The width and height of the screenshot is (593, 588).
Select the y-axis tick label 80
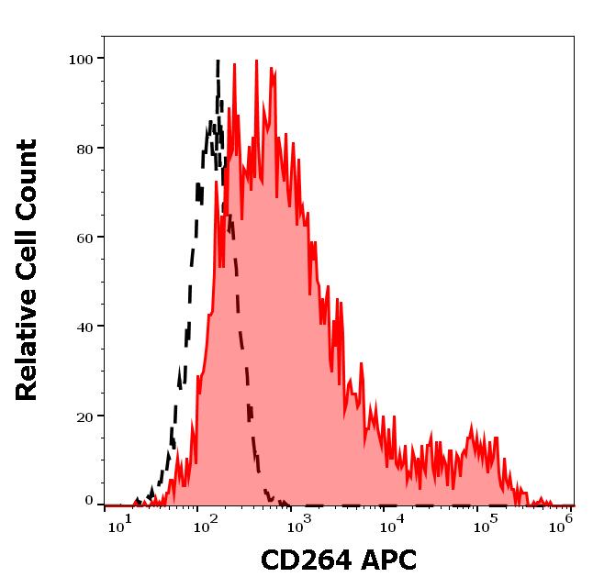[84, 149]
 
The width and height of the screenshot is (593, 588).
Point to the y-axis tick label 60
[84, 238]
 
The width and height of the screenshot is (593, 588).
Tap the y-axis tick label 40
[84, 327]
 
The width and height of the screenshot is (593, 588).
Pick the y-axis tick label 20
[84, 416]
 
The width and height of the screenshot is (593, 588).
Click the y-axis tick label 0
[89, 501]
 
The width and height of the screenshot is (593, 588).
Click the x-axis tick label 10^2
[201, 526]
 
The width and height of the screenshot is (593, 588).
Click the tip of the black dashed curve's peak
[218, 61]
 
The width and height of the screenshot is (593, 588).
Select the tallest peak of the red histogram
[257, 61]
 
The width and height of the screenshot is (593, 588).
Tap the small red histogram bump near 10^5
[474, 427]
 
